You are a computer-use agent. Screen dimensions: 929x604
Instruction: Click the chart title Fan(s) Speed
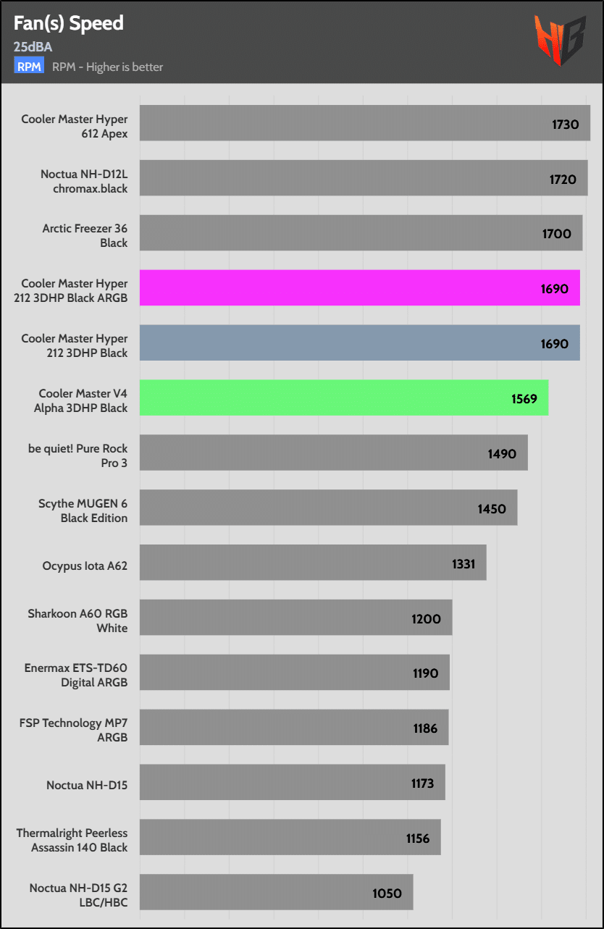69,23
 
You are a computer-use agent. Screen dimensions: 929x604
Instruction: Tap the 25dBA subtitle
33,48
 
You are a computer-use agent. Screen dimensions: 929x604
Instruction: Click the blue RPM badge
29,67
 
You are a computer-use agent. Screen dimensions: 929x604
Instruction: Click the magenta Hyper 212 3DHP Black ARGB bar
359,288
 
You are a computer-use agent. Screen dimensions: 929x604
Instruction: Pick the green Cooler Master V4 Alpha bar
343,398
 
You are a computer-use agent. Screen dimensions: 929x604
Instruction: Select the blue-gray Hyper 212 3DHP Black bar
359,343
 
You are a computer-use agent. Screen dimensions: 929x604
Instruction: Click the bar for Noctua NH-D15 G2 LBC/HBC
276,893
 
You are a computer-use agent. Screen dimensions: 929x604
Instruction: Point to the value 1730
565,124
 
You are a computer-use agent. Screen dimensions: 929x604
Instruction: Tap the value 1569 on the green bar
523,398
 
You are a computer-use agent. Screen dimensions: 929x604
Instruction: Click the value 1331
463,563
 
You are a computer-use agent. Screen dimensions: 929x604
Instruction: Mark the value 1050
387,893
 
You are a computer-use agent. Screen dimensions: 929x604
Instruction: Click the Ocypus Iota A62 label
85,566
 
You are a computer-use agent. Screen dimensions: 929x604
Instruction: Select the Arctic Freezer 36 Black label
85,236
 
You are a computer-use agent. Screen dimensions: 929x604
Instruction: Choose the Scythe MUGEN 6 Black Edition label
83,510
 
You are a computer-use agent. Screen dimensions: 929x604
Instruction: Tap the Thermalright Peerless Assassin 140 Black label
72,840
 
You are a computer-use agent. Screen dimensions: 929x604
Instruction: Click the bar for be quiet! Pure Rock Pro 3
333,453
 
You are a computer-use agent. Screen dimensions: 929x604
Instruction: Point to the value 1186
425,728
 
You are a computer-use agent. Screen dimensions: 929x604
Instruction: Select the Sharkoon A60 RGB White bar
295,618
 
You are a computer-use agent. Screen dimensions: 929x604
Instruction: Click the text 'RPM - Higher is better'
108,67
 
